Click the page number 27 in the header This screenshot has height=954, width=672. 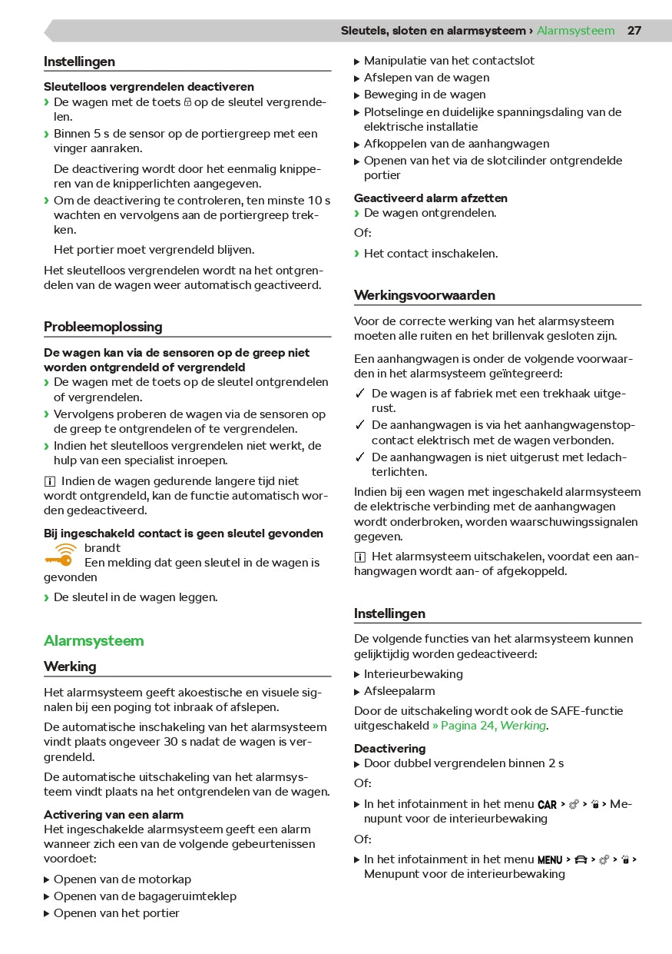[x=634, y=31]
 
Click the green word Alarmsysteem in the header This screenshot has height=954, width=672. [x=575, y=31]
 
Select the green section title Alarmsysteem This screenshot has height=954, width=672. [x=94, y=640]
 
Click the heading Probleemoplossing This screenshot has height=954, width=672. [x=103, y=327]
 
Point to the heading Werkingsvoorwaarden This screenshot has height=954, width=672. [x=424, y=295]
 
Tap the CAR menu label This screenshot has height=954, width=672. [x=547, y=805]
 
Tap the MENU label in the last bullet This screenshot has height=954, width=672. [x=550, y=860]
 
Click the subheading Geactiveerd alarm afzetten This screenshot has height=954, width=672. [x=430, y=198]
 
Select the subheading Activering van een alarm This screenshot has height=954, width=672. [x=113, y=814]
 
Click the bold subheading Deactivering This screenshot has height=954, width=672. [x=389, y=748]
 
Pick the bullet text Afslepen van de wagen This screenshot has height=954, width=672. [x=426, y=78]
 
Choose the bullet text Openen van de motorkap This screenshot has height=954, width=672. [x=122, y=879]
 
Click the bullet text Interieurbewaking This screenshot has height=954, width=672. [x=413, y=674]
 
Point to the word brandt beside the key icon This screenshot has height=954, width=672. [x=102, y=548]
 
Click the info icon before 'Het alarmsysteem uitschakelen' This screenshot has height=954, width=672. [x=359, y=557]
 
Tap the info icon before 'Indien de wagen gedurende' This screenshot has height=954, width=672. [x=49, y=481]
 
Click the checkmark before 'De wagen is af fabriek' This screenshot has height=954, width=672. [x=359, y=394]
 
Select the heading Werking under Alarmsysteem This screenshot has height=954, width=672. [x=70, y=666]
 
